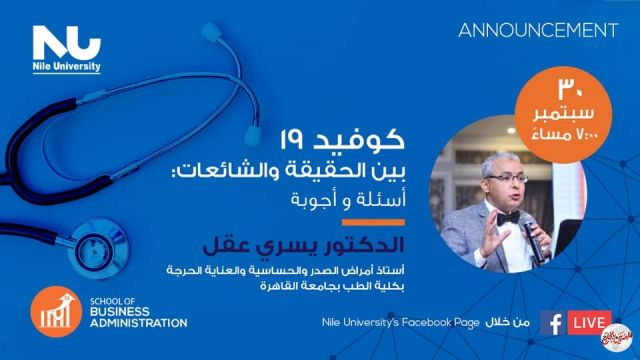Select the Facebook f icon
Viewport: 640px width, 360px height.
551,322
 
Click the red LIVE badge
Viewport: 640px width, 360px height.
589,322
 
